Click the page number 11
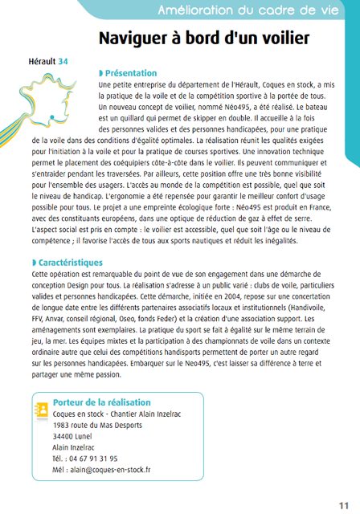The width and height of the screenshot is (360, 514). tap(343, 505)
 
